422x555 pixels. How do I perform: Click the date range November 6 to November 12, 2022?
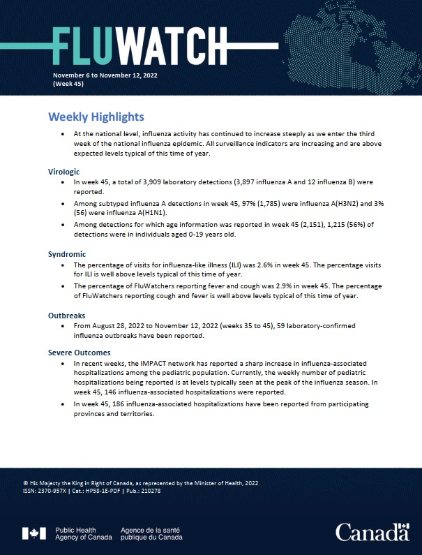(100, 74)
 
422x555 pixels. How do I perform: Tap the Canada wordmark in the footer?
(372, 533)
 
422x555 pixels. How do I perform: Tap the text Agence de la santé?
(151, 530)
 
